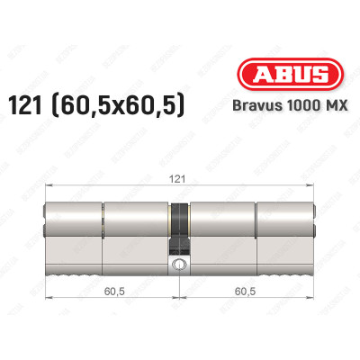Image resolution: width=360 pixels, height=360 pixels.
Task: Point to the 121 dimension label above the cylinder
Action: pos(180,180)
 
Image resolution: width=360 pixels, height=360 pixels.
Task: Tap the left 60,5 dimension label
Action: pos(112,292)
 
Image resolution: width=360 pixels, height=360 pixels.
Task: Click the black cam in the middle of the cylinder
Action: pos(180,225)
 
